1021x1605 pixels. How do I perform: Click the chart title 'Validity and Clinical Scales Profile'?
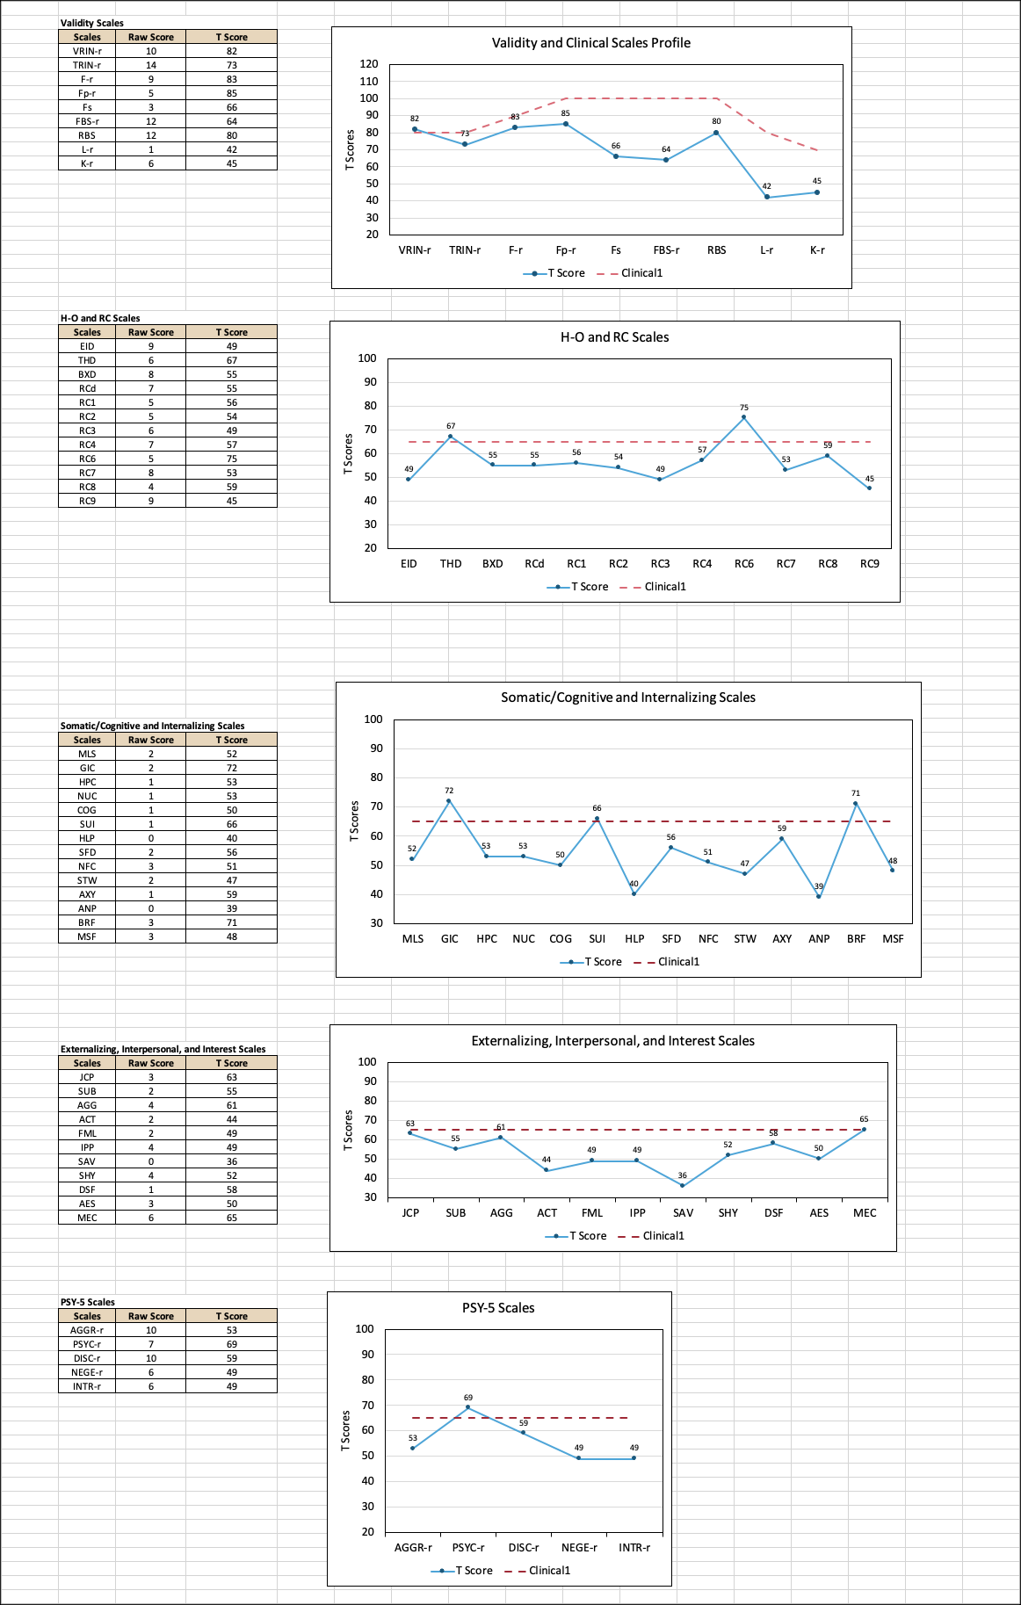coord(590,43)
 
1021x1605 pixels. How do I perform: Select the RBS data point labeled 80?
coord(716,133)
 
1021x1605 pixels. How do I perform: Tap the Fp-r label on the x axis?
coord(566,250)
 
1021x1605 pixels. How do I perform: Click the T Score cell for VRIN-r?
coord(232,51)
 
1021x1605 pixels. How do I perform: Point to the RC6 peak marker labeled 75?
coord(743,417)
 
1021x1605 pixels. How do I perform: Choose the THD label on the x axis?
coord(451,564)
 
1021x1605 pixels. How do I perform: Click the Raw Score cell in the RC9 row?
coord(151,501)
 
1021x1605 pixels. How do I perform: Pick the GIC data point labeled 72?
coord(449,800)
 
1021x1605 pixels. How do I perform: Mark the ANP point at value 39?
coord(818,896)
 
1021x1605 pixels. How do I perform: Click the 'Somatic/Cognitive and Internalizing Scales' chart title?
coord(628,698)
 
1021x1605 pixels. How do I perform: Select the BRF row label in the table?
coord(87,922)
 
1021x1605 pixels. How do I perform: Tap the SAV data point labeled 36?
coord(682,1186)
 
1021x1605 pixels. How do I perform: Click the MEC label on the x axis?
coord(865,1213)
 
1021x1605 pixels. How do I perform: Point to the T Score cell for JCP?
coord(232,1077)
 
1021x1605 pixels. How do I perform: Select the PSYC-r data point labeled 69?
coord(467,1407)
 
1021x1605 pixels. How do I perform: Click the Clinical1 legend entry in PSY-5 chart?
coord(538,1571)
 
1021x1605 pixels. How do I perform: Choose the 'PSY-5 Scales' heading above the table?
coord(88,1302)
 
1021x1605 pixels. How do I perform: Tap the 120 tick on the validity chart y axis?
coord(369,64)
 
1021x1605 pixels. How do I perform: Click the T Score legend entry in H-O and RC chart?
coord(577,587)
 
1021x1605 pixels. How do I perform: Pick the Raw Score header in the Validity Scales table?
coord(151,37)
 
